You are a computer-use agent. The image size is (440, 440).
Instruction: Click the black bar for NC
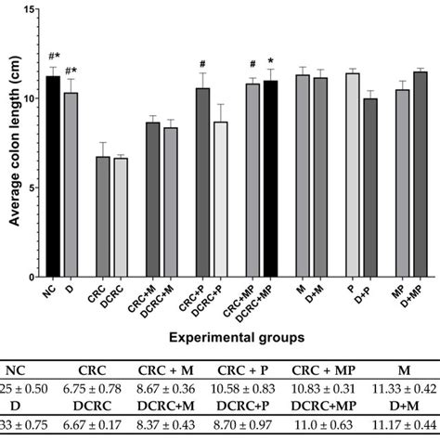(53, 176)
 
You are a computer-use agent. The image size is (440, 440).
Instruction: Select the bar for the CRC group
(103, 217)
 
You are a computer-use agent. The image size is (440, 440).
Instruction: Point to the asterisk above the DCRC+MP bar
(270, 61)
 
